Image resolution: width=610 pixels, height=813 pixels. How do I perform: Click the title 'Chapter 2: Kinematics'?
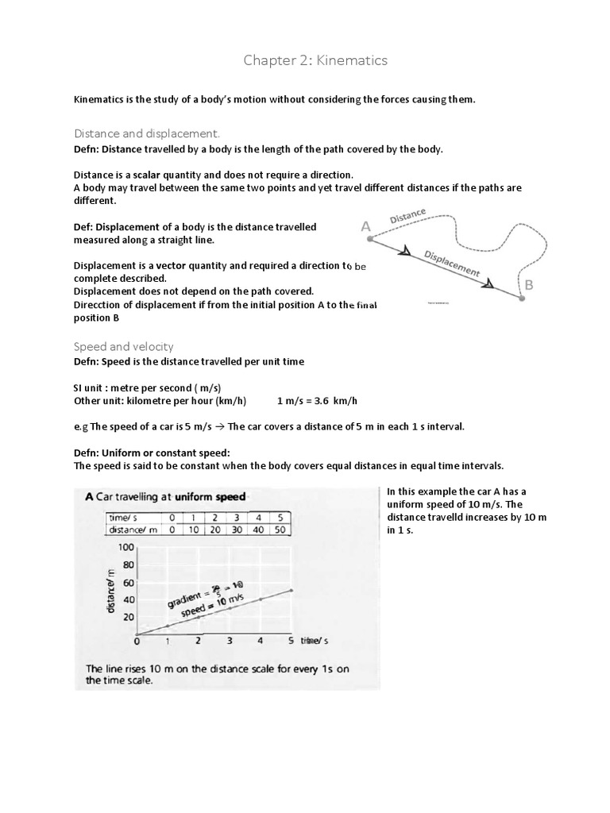pyautogui.click(x=304, y=60)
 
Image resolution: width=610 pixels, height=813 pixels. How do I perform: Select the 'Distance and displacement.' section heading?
pyautogui.click(x=147, y=133)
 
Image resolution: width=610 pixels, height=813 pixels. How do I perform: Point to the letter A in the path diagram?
pyautogui.click(x=366, y=227)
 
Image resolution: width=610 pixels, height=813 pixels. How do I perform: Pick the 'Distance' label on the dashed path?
pyautogui.click(x=407, y=216)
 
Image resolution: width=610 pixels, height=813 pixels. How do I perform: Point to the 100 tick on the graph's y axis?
pyautogui.click(x=125, y=548)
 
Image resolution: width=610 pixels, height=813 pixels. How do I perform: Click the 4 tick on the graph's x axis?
pyautogui.click(x=259, y=640)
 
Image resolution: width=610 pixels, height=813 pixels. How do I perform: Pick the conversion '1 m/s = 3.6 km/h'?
pyautogui.click(x=322, y=399)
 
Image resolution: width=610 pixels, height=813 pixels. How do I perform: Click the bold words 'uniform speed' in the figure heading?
pyautogui.click(x=209, y=497)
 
